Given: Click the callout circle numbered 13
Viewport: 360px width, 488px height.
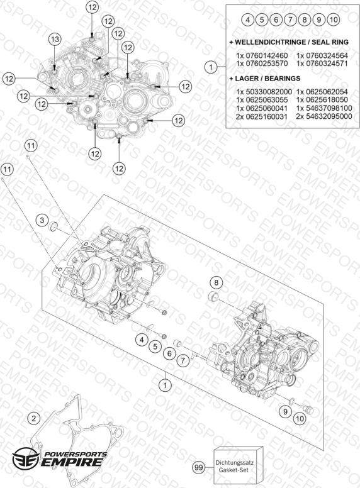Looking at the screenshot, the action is pyautogui.click(x=55, y=39).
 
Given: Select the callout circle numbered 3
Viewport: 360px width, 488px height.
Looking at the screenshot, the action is pyautogui.click(x=42, y=220).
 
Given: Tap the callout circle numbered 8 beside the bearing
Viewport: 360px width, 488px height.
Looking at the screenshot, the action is pyautogui.click(x=217, y=282).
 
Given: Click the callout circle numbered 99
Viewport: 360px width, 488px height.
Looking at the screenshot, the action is pyautogui.click(x=199, y=467).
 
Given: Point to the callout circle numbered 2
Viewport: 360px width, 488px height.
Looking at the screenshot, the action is pyautogui.click(x=34, y=418).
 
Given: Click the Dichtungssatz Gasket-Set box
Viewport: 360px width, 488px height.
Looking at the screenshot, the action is pyautogui.click(x=239, y=466).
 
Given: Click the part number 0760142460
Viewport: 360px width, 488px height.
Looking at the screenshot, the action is pyautogui.click(x=267, y=56).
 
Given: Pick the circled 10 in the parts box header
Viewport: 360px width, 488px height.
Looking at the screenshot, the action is pyautogui.click(x=333, y=20).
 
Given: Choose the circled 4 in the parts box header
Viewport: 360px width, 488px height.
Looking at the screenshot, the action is pyautogui.click(x=248, y=20).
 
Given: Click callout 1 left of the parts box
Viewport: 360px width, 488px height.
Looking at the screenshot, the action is pyautogui.click(x=211, y=67).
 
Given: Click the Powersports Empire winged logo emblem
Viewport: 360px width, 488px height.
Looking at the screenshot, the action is pyautogui.click(x=26, y=458).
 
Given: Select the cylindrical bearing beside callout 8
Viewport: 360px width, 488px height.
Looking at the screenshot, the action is pyautogui.click(x=213, y=297).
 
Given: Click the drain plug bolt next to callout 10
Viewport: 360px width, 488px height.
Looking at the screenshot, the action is pyautogui.click(x=309, y=409).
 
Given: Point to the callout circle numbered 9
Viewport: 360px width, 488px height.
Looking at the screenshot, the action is pyautogui.click(x=285, y=412).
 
